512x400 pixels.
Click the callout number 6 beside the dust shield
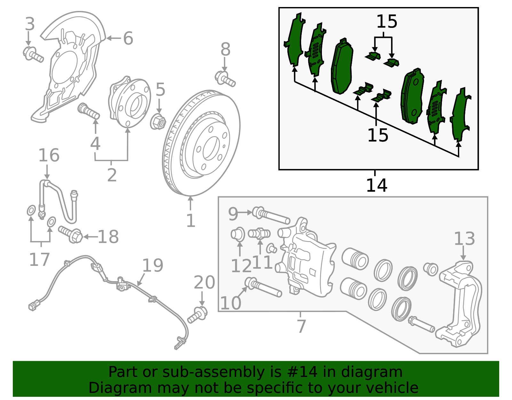point(128,38)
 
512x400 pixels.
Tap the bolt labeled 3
point(33,54)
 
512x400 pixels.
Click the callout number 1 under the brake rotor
point(191,221)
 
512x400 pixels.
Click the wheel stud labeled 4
point(89,110)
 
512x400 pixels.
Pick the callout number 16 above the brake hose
point(49,155)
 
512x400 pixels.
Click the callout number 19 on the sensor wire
point(153,265)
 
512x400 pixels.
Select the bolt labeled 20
point(198,314)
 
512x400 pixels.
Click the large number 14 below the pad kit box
point(377,185)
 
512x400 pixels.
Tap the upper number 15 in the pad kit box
point(387,22)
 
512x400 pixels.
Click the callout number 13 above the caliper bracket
point(464,239)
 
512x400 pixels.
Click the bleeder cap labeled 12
point(238,234)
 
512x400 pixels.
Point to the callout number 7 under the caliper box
point(301,326)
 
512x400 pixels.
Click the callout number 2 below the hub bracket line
point(112,175)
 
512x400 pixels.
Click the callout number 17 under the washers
point(39,259)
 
